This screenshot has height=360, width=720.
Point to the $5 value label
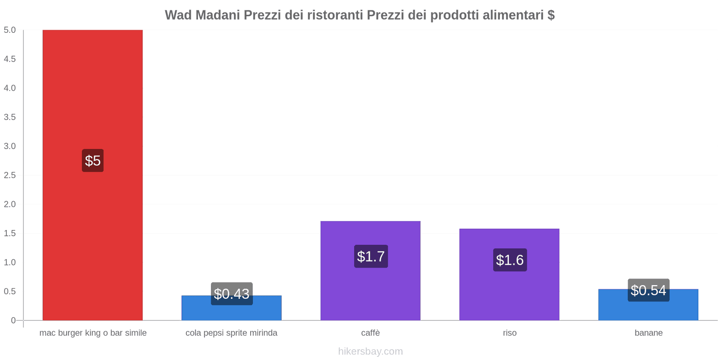coord(93,161)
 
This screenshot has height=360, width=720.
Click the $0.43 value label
coord(231,294)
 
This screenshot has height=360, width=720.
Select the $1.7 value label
coord(371,256)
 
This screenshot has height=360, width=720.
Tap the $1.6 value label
coord(510,260)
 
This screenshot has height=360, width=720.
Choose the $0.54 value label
coord(648,290)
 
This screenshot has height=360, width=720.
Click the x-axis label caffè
coord(370,333)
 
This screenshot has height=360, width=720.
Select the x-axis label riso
coord(509,333)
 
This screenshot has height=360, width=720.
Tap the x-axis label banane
coord(648,333)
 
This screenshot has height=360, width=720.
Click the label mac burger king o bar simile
coord(93,333)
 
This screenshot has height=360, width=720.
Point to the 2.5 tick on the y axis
coord(9,175)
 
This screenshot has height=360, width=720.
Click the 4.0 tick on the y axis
coord(9,88)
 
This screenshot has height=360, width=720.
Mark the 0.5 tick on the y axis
coord(9,291)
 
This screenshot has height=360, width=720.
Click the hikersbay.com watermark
coord(370,351)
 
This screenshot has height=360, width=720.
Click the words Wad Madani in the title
coord(202,15)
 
